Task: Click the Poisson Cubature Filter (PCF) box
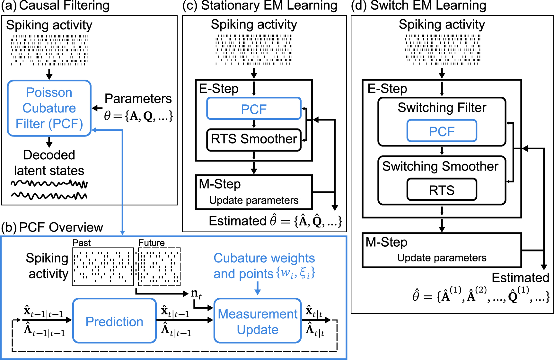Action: click(49, 108)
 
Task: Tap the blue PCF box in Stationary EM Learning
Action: click(254, 109)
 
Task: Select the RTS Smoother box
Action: click(254, 139)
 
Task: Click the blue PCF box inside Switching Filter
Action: click(442, 131)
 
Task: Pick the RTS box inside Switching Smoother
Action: click(442, 190)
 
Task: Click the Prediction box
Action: click(114, 321)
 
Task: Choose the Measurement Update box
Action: click(258, 321)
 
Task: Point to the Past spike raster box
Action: click(103, 267)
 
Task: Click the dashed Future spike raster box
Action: click(159, 267)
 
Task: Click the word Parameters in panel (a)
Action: click(138, 99)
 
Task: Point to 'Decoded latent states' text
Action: click(49, 163)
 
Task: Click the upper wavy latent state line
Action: click(49, 184)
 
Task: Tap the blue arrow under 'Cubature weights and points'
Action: click(257, 288)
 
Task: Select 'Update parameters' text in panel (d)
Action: click(442, 258)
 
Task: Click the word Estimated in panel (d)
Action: click(520, 277)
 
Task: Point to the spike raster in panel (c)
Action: click(254, 49)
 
